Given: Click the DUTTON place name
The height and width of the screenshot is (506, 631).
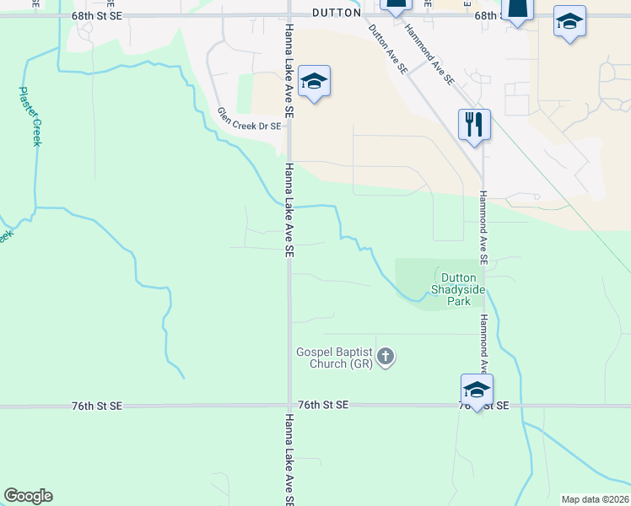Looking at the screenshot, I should click(x=336, y=13).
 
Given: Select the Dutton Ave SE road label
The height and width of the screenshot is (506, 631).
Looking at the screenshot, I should click(x=387, y=48).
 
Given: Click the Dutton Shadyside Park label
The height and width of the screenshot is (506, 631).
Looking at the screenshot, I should click(x=458, y=288).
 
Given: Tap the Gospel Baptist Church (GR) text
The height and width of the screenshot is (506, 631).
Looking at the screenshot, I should click(x=333, y=358).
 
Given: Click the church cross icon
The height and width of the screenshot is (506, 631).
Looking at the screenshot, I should click(x=386, y=357).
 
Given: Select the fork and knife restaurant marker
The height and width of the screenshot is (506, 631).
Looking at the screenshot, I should click(x=474, y=124).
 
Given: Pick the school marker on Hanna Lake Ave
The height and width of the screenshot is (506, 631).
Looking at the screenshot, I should click(x=314, y=82).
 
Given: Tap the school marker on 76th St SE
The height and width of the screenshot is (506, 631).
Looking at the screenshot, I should click(x=477, y=390).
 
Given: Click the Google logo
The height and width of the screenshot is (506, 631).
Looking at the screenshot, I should click(x=28, y=496).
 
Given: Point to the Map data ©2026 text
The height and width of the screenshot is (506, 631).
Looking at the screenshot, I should click(x=594, y=499).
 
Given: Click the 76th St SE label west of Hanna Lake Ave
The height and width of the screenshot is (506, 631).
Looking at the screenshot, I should click(x=97, y=406).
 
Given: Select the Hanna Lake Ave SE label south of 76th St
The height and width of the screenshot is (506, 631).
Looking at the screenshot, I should click(x=289, y=460).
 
